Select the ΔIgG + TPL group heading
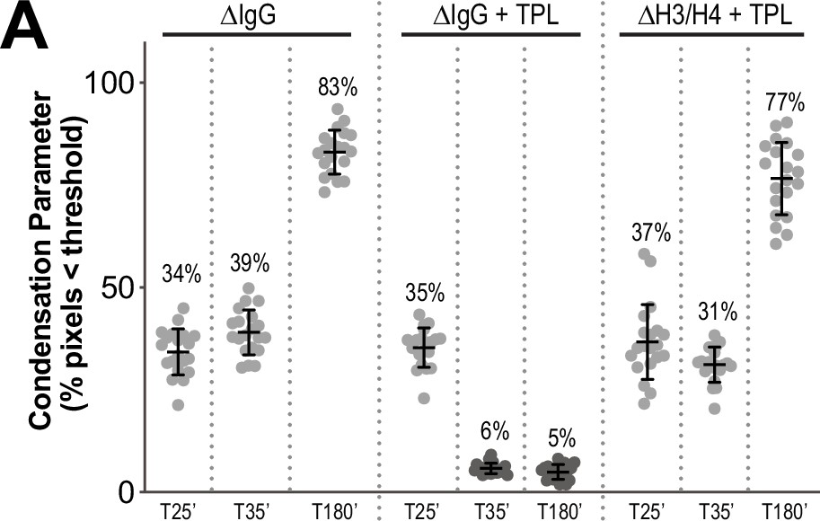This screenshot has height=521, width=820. tap(490, 15)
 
